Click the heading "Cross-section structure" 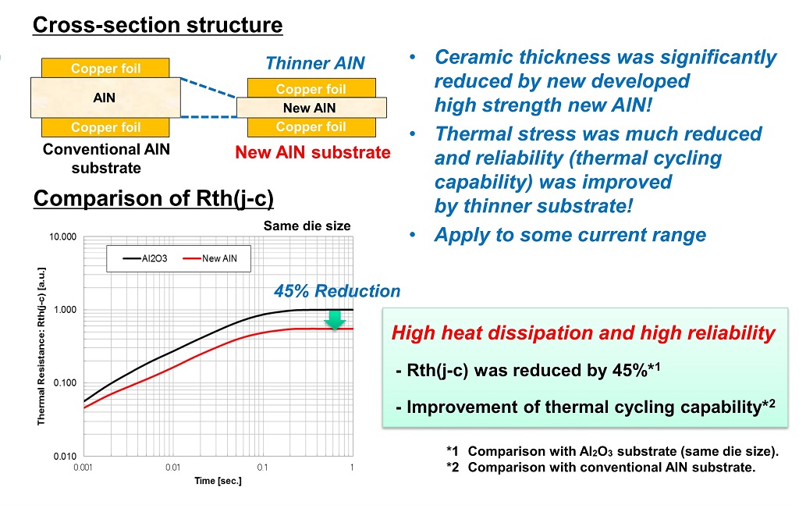click(158, 25)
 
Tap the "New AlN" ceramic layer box click(311, 108)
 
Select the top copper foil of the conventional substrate click(105, 68)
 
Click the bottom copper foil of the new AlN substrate click(311, 127)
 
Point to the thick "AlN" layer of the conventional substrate click(105, 98)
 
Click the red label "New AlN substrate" click(313, 152)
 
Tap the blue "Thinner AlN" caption click(315, 63)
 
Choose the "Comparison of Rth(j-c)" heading click(154, 198)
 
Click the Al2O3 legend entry click(145, 258)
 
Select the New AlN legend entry click(210, 258)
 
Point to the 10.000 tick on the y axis click(62, 237)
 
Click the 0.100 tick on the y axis click(65, 382)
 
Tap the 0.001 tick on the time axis click(83, 467)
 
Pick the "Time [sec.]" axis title click(218, 481)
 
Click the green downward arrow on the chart click(335, 320)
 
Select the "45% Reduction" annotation click(337, 291)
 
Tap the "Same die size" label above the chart click(307, 226)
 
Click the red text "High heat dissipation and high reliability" click(584, 333)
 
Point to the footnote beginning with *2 click(601, 468)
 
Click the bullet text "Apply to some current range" click(570, 235)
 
